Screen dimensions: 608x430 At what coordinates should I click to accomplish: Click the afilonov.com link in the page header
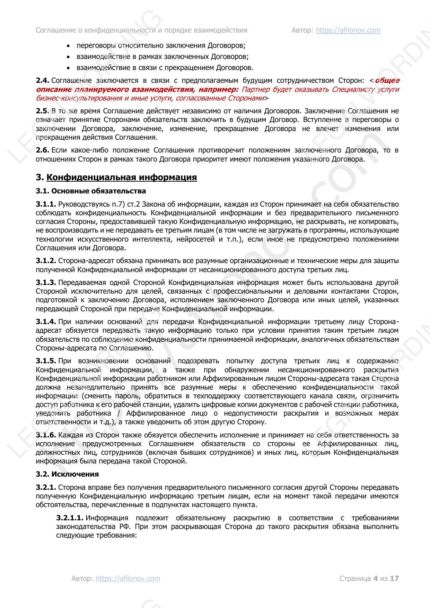348,30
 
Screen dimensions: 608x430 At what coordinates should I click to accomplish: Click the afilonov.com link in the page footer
128,578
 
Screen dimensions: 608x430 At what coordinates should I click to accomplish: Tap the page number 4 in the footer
375,578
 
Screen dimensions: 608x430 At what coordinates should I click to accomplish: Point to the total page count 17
394,578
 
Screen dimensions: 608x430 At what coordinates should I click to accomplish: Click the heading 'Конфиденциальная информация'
121,177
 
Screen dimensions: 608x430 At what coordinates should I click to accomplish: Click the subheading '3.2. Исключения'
67,474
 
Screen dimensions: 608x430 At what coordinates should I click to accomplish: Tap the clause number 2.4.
42,80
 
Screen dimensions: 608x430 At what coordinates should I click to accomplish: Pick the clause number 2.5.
42,111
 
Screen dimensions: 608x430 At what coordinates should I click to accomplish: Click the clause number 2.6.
42,150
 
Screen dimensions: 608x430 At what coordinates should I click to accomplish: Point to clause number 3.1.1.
46,204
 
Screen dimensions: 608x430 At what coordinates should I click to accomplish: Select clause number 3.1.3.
46,283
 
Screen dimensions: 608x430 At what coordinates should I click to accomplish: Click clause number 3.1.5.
46,361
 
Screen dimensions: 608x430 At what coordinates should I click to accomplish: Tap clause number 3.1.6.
46,435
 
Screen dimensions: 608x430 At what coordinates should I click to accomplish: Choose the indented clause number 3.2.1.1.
70,518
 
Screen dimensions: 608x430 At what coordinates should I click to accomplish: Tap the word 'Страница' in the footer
355,578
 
